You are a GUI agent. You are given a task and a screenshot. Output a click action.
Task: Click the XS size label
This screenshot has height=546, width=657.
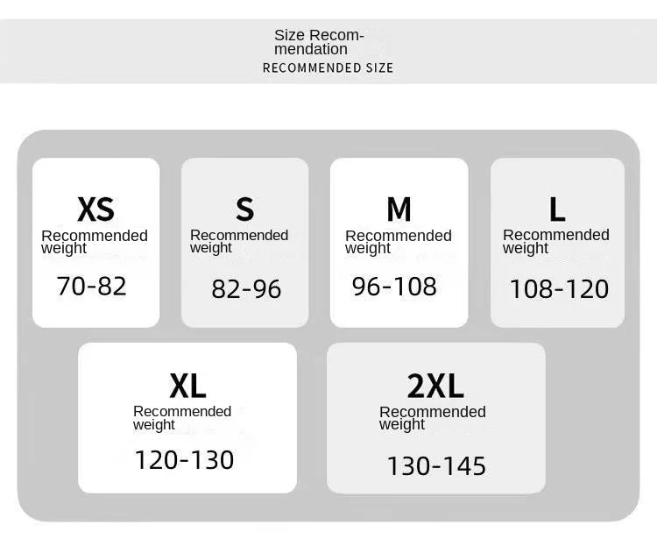[x=95, y=209]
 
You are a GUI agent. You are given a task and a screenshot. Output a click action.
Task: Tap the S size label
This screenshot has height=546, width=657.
[x=244, y=209]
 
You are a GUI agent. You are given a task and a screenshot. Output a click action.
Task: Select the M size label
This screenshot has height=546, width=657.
[x=399, y=209]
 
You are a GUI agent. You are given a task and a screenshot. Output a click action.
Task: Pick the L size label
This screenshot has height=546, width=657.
[x=557, y=209]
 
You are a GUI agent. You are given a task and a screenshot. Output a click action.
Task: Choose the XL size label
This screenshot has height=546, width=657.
[x=187, y=386]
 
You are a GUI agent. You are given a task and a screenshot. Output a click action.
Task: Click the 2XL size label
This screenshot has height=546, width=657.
[x=435, y=386]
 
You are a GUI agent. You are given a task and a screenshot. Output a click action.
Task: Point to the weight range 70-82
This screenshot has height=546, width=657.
[x=91, y=286]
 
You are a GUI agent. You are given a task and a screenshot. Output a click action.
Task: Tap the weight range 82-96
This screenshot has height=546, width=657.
[x=246, y=289]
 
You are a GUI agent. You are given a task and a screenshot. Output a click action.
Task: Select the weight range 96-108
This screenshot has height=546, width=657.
[x=394, y=287]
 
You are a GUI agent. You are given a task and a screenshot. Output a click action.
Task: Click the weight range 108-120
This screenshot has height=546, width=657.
[x=560, y=289]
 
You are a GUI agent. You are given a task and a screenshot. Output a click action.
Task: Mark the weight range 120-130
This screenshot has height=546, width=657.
[x=184, y=459]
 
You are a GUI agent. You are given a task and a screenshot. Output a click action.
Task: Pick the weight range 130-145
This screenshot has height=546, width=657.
[x=436, y=466]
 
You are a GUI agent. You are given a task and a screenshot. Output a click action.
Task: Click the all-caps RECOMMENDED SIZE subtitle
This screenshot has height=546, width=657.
[x=328, y=68]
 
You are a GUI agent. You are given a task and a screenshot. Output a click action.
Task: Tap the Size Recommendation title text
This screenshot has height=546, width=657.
[x=319, y=42]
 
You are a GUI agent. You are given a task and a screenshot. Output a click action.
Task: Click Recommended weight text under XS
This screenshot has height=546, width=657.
[x=95, y=242]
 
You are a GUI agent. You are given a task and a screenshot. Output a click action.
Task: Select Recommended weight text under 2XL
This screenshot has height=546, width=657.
[x=433, y=418]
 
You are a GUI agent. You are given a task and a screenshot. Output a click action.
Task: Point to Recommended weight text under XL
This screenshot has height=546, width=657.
[x=182, y=418]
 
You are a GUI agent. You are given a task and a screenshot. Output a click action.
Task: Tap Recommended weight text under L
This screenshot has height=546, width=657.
[x=556, y=242]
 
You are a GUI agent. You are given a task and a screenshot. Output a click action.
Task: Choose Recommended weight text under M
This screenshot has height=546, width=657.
[x=399, y=242]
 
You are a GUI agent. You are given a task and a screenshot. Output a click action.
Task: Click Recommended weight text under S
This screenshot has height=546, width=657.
[x=239, y=242]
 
